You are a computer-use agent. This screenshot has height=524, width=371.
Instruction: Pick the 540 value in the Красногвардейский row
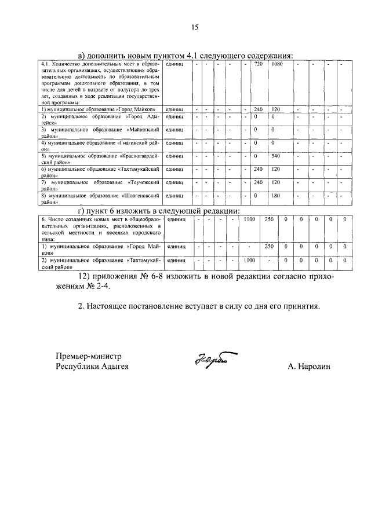(x=276, y=156)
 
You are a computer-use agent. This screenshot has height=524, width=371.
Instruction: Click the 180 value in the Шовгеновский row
(x=276, y=195)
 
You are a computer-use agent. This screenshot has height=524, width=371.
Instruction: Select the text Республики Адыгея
(x=92, y=367)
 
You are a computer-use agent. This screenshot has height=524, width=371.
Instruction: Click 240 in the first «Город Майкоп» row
(x=259, y=109)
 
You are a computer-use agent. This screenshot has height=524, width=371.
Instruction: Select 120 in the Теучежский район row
(x=276, y=182)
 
